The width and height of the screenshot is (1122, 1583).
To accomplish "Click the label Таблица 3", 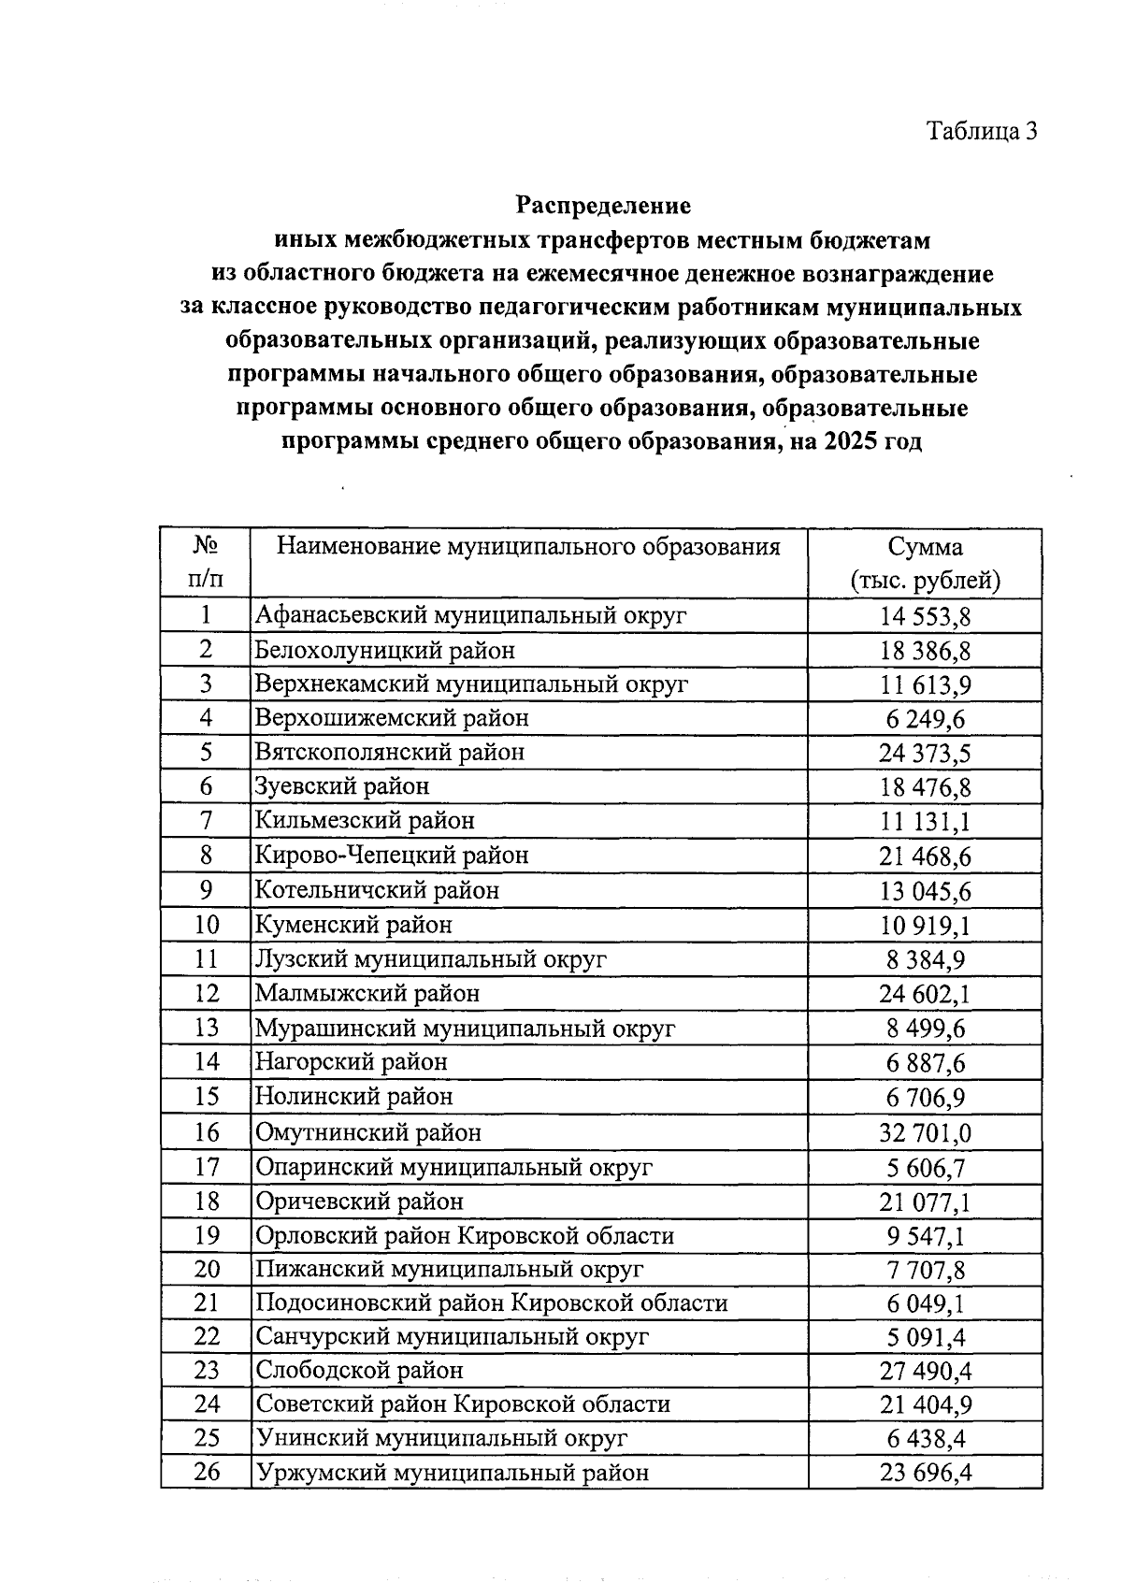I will [981, 131].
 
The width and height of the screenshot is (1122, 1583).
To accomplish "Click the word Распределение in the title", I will [604, 205].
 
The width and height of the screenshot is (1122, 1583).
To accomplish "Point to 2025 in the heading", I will [851, 441].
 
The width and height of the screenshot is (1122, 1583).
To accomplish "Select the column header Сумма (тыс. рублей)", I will [925, 564].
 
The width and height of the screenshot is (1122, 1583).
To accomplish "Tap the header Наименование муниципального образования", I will [528, 547].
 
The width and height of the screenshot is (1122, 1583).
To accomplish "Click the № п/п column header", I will [206, 563].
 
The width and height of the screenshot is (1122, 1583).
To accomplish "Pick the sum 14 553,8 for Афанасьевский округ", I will [925, 616].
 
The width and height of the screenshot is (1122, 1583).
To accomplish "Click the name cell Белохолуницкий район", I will [385, 650].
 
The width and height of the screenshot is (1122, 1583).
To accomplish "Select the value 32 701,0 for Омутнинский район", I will [925, 1133].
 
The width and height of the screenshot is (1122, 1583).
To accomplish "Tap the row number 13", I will [206, 1028].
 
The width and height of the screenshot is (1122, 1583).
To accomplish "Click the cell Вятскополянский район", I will [390, 752].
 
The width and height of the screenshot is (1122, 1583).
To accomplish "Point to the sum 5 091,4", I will [925, 1337].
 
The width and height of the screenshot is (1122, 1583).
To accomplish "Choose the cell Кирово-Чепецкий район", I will [392, 855].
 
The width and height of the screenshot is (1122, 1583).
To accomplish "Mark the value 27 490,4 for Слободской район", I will [925, 1372].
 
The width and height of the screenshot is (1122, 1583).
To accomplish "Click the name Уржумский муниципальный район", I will [452, 1473].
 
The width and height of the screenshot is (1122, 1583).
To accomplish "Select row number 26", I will [206, 1473].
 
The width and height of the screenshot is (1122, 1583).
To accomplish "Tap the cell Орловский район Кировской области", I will [465, 1235].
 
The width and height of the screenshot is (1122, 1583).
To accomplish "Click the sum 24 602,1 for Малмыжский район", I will [925, 994].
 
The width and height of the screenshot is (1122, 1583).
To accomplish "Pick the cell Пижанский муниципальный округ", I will [450, 1269].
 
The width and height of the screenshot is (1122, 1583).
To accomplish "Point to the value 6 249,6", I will [925, 718].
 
